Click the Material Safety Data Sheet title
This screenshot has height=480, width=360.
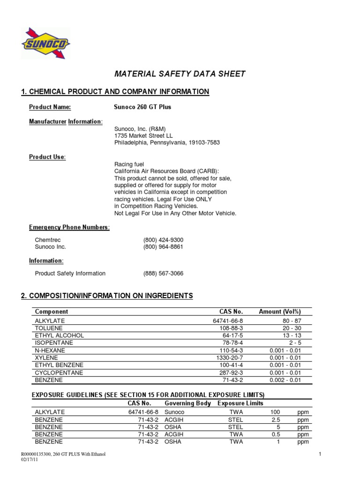tap(180, 74)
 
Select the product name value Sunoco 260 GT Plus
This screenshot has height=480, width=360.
tap(142, 107)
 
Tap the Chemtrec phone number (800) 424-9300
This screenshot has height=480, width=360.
tap(163, 240)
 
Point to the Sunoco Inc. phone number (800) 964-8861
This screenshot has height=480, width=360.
tap(163, 247)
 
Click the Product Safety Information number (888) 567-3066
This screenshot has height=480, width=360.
tap(163, 273)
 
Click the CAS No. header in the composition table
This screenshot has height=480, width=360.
tap(231, 311)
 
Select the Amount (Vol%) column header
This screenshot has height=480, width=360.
tap(280, 311)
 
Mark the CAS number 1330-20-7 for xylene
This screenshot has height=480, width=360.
tap(230, 358)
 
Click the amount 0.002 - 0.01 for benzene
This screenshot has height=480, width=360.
tap(285, 380)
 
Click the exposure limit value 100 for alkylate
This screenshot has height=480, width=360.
tap(275, 412)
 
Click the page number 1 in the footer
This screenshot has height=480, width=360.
tap(319, 454)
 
